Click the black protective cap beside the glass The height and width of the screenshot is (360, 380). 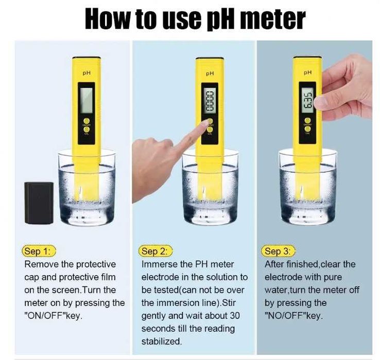click(39, 203)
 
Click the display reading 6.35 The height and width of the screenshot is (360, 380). click(307, 100)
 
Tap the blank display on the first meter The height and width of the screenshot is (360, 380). click(87, 100)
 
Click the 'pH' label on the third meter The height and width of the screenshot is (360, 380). click(307, 72)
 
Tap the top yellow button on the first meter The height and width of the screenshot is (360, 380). click(87, 121)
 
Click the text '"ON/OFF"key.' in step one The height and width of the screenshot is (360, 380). click(54, 316)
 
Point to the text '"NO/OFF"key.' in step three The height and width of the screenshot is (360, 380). click(293, 316)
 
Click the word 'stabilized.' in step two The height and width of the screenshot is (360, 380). click(162, 341)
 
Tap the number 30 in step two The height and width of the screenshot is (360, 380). click(234, 316)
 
